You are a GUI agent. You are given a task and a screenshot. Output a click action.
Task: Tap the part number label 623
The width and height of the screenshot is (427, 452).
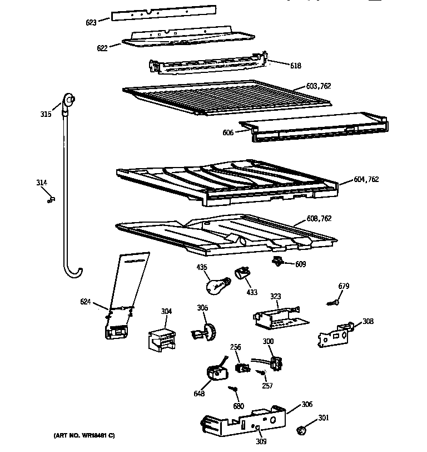(91, 22)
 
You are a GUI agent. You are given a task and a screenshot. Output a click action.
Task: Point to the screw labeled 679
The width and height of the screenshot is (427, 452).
(334, 302)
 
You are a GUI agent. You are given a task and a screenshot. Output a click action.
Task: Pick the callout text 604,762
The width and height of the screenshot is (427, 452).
(366, 179)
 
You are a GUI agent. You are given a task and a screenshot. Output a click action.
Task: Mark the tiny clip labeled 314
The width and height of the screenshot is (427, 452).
(51, 199)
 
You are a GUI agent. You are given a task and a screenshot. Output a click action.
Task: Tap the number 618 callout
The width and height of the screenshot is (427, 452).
(295, 66)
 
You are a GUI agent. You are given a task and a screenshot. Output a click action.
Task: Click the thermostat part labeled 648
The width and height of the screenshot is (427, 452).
(214, 372)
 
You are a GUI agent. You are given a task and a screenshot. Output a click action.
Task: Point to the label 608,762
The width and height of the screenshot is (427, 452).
(319, 219)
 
